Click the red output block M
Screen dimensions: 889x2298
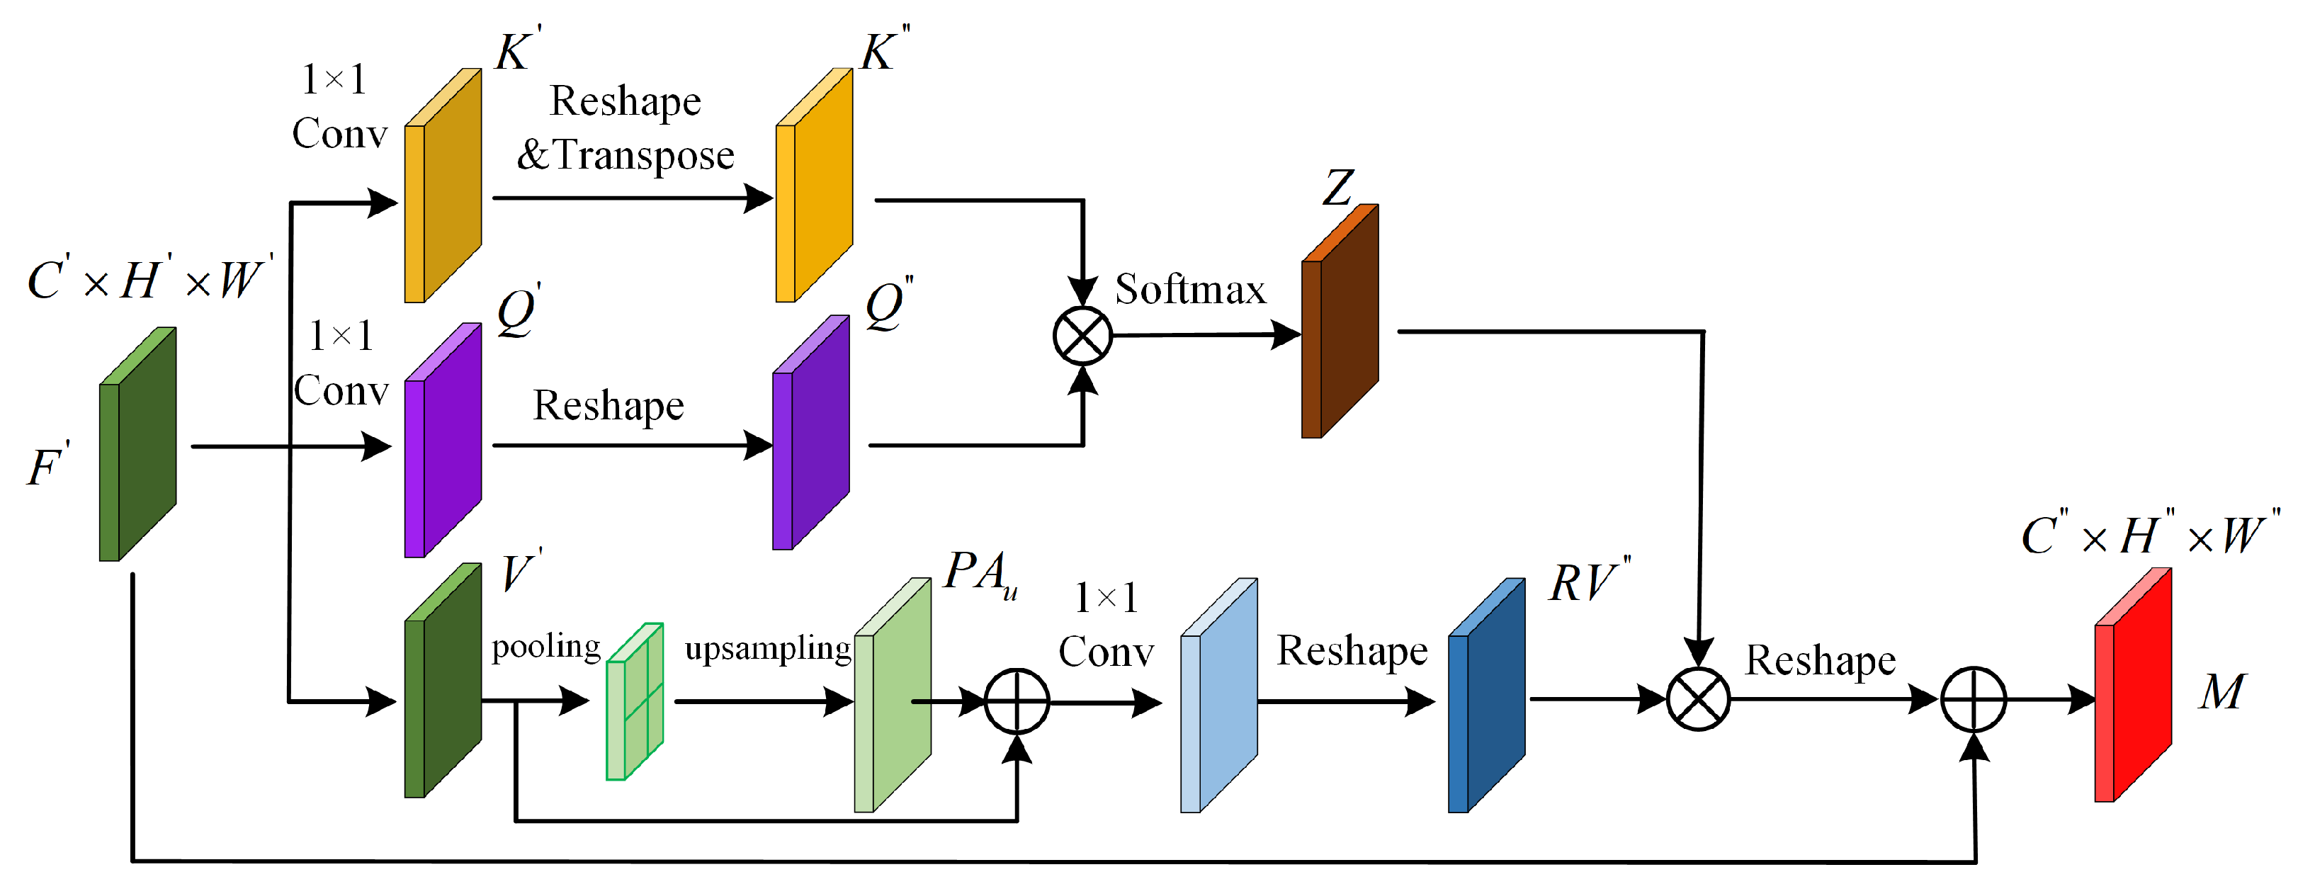(x=2133, y=686)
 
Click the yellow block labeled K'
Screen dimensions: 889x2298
(x=443, y=186)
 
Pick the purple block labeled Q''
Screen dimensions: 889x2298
(x=810, y=434)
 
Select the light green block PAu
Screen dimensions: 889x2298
(x=892, y=696)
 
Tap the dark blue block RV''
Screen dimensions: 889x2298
(x=1486, y=696)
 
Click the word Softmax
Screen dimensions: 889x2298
(x=1190, y=290)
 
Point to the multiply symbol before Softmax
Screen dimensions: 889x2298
(x=1082, y=336)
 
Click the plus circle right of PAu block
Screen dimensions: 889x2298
(x=1017, y=702)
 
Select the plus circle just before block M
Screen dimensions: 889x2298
(x=1974, y=700)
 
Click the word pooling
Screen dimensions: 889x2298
(x=546, y=647)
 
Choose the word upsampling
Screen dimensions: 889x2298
(x=767, y=648)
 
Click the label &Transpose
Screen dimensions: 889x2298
(x=626, y=155)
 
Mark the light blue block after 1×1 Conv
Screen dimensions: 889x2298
(x=1218, y=696)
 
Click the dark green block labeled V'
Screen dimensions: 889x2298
(x=443, y=681)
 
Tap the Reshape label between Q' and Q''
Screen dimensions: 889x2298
(x=609, y=406)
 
